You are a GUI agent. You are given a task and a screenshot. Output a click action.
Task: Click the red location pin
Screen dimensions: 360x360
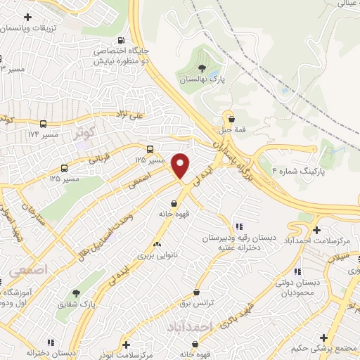pos(181,166)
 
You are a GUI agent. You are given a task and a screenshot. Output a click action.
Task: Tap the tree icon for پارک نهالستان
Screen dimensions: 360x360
pos(202,68)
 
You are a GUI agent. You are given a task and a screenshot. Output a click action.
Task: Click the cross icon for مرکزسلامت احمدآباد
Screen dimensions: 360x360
pos(318,230)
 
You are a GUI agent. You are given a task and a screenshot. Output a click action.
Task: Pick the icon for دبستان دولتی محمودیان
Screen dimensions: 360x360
pos(297,271)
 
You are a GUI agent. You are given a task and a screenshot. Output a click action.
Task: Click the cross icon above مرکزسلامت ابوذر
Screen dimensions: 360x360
pos(127,344)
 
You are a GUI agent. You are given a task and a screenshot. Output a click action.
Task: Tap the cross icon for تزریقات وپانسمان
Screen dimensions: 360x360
pos(27,16)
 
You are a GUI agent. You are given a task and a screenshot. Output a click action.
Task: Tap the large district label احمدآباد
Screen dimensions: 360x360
pos(190,327)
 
